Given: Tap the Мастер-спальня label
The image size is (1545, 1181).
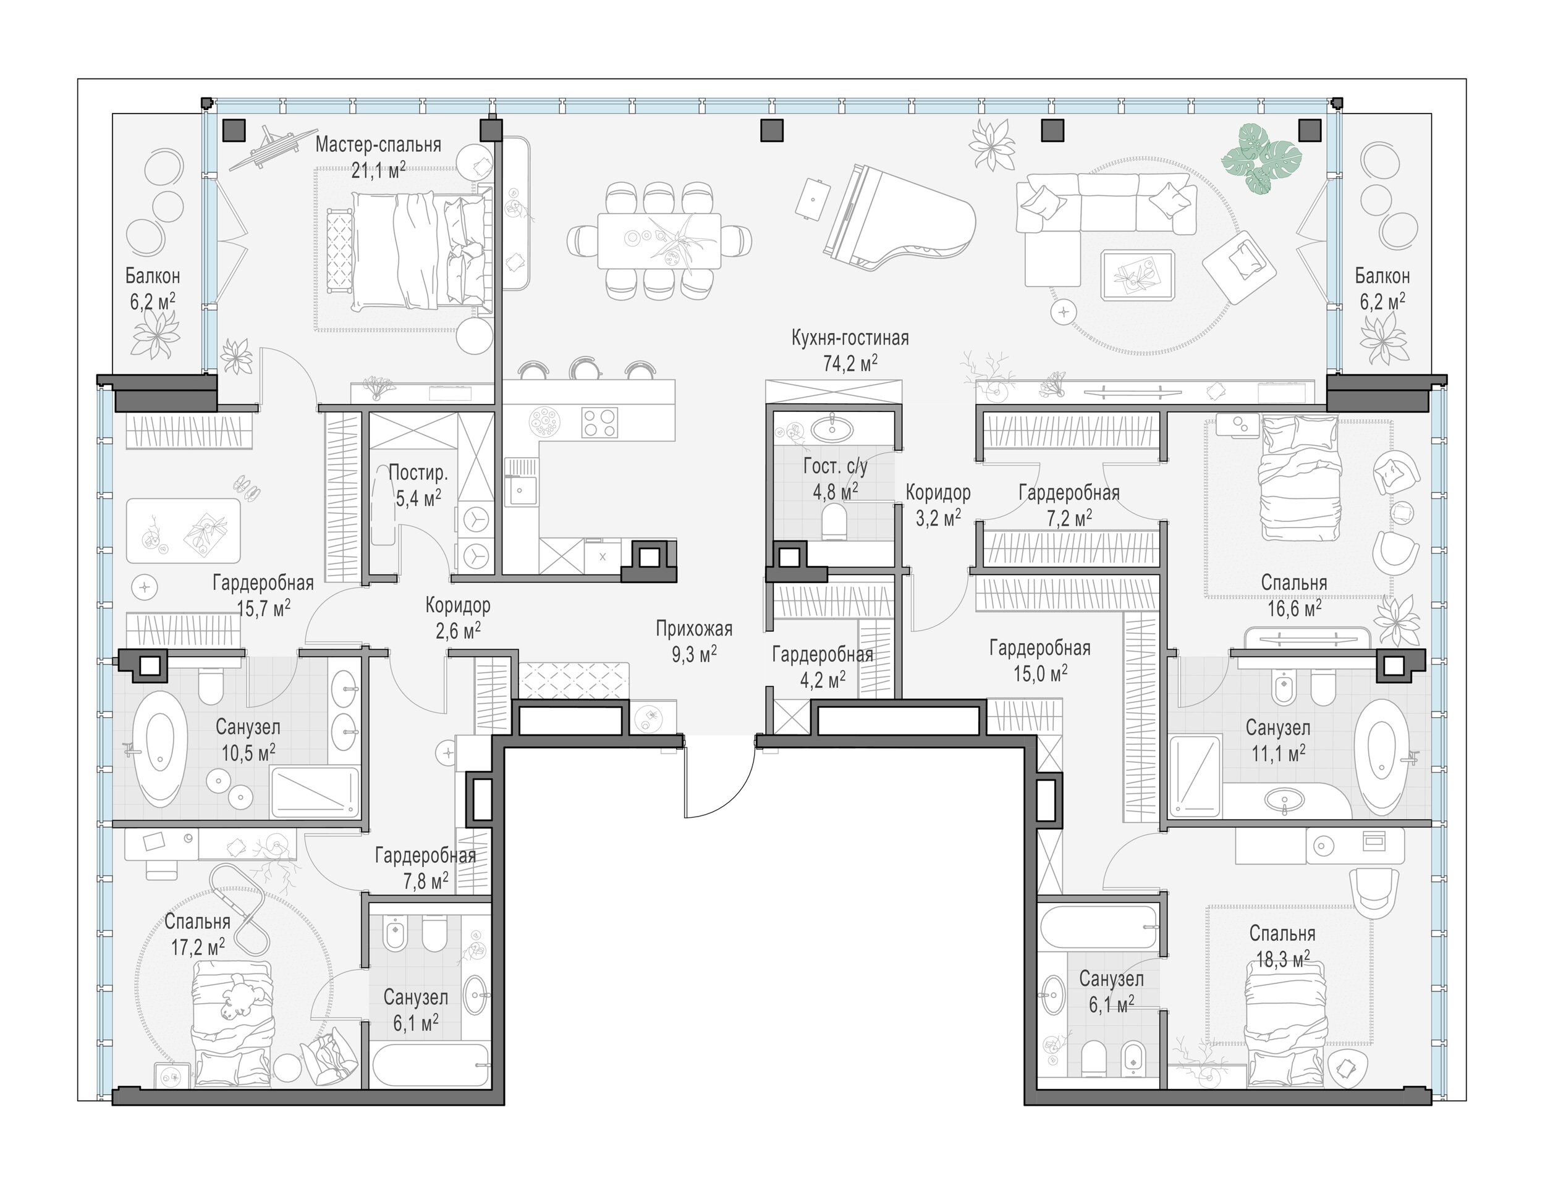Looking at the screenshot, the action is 378,145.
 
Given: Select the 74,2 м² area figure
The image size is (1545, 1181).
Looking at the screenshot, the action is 850,363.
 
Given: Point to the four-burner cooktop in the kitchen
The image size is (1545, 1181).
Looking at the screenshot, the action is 600,422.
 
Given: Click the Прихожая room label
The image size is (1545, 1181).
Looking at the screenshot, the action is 694,628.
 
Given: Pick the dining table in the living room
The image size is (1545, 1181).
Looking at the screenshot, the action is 659,240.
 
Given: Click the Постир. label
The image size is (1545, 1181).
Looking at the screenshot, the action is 418,473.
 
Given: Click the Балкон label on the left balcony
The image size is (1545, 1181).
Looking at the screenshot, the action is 153,275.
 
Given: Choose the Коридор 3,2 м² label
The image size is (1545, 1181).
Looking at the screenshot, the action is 938,505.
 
